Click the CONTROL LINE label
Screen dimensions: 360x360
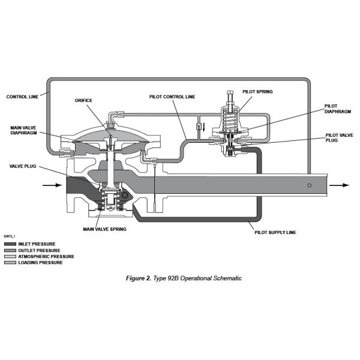point(22,97)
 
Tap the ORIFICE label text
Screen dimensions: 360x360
point(83,101)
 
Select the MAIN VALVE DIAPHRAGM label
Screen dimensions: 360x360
point(23,130)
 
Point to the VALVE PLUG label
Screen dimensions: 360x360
point(23,166)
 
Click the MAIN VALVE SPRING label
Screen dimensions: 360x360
point(104,229)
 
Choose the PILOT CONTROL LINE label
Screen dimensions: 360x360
point(172,97)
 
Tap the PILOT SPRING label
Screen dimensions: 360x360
point(257,92)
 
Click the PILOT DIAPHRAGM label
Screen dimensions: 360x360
point(337,109)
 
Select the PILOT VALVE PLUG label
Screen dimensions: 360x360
point(339,137)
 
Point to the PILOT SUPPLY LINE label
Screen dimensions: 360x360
point(275,232)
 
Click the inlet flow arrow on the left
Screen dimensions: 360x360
point(52,185)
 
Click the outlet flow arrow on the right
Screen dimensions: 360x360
point(340,185)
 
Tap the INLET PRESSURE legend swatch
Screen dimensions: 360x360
point(10,244)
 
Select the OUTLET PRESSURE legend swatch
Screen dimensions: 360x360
point(10,250)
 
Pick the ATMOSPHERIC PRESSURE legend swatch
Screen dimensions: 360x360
point(10,256)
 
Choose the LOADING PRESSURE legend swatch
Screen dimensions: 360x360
point(10,262)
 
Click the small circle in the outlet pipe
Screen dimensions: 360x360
point(309,185)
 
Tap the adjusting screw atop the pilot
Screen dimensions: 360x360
point(230,99)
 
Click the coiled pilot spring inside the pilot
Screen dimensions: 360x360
point(230,119)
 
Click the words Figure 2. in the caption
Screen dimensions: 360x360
point(139,278)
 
